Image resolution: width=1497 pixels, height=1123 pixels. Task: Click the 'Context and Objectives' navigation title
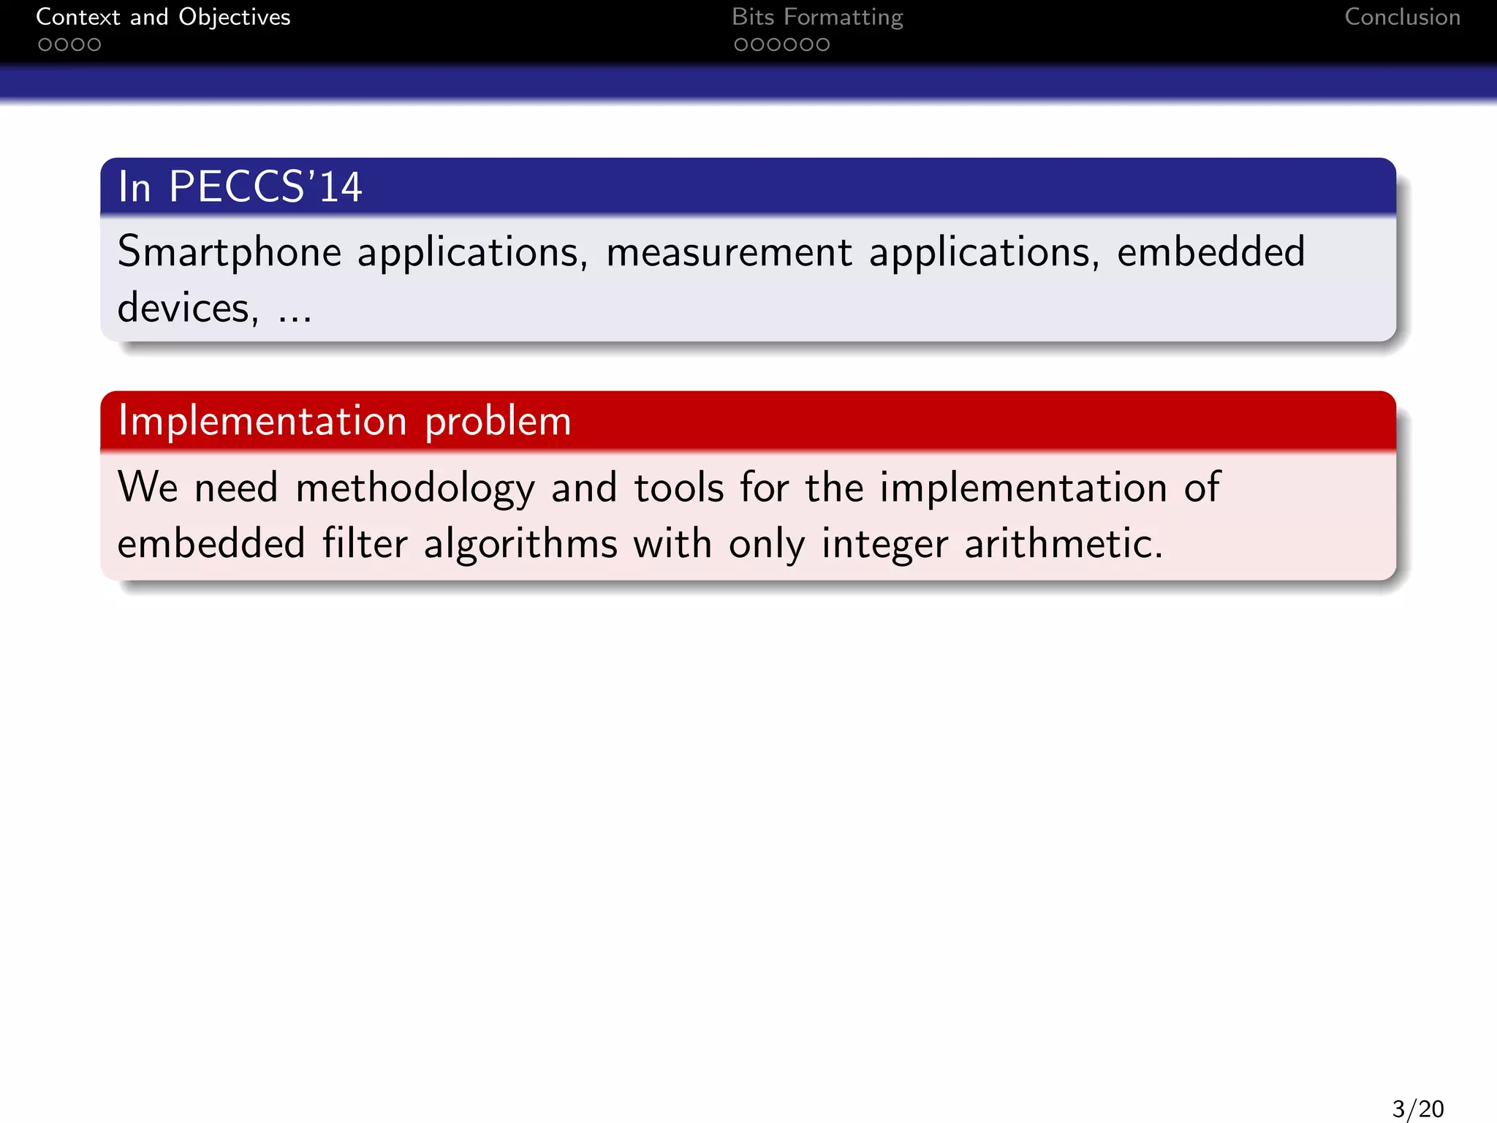163,17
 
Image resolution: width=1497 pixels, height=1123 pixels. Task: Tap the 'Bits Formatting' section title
817,17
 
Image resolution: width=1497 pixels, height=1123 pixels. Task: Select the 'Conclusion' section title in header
1402,17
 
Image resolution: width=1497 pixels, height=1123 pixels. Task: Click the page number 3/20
1417,1108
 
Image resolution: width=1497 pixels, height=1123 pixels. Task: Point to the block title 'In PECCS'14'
240,186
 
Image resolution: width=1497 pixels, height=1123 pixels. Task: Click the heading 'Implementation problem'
344,421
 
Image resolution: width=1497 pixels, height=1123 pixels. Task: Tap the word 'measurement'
729,252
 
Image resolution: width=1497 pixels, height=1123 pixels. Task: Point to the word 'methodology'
415,488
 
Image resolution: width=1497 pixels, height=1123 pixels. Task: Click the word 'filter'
365,544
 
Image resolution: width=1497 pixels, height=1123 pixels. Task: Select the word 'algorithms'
520,545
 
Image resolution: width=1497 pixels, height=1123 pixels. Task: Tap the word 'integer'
884,545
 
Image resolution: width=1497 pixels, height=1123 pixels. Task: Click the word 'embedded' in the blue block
1210,252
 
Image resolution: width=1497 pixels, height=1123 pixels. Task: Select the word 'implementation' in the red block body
1023,488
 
